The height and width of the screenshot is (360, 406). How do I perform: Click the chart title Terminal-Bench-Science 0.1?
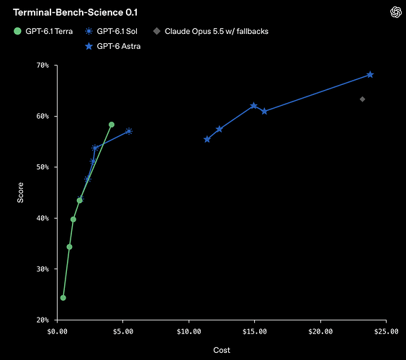[x=75, y=12]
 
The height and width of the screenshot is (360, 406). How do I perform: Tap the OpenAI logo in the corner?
[x=396, y=12]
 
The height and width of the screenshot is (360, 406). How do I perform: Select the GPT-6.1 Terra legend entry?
[x=43, y=32]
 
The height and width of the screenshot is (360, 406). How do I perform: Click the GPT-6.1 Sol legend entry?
[x=112, y=32]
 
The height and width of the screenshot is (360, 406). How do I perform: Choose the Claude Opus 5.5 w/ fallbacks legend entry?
[x=210, y=32]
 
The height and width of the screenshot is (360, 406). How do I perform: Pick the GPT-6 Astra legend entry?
[x=113, y=46]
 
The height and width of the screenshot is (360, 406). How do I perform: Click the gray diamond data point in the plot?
[x=362, y=99]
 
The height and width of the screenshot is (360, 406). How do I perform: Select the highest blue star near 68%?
[x=370, y=75]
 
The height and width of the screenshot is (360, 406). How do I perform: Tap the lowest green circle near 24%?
[x=63, y=298]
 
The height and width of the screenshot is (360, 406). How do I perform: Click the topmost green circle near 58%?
[x=112, y=125]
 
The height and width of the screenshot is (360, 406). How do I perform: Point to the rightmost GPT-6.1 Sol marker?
[x=129, y=131]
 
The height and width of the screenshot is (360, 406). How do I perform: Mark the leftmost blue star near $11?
[x=207, y=140]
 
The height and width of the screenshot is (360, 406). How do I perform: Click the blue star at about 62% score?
[x=253, y=106]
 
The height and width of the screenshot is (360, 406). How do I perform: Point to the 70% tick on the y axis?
[x=55, y=66]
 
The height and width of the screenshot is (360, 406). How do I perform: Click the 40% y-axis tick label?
[x=42, y=218]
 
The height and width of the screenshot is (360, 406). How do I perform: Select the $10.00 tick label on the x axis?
[x=189, y=331]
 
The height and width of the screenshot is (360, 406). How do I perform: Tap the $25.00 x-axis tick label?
[x=387, y=331]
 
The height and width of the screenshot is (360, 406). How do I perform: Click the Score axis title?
[x=20, y=192]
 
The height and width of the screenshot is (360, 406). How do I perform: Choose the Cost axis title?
[x=222, y=350]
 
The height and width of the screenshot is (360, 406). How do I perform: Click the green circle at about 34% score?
[x=69, y=247]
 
